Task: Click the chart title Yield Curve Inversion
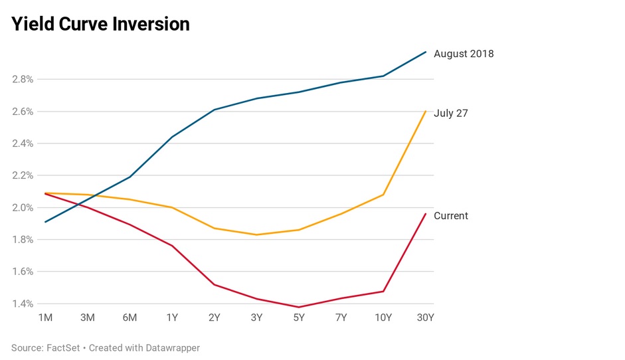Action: tap(100, 25)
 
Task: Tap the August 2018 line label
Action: tap(464, 54)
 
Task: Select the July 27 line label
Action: tap(451, 113)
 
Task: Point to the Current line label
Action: tap(451, 216)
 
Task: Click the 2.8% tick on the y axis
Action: tap(23, 79)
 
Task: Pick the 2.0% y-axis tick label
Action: tap(23, 207)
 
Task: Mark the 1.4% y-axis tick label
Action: tap(23, 304)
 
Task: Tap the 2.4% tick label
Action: tap(23, 143)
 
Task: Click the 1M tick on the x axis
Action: tap(45, 317)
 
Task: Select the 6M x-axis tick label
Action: tap(130, 317)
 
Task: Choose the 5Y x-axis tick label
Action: tap(299, 317)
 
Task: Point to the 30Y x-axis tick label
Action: tap(425, 317)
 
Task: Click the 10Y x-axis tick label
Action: tap(383, 317)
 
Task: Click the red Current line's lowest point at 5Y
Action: tap(299, 307)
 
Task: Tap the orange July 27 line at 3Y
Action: tap(256, 234)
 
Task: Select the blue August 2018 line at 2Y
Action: tap(214, 110)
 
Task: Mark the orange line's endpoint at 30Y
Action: tap(426, 111)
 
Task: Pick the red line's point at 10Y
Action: tap(383, 291)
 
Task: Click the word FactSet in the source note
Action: tap(64, 347)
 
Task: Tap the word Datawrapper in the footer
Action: tap(168, 347)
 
